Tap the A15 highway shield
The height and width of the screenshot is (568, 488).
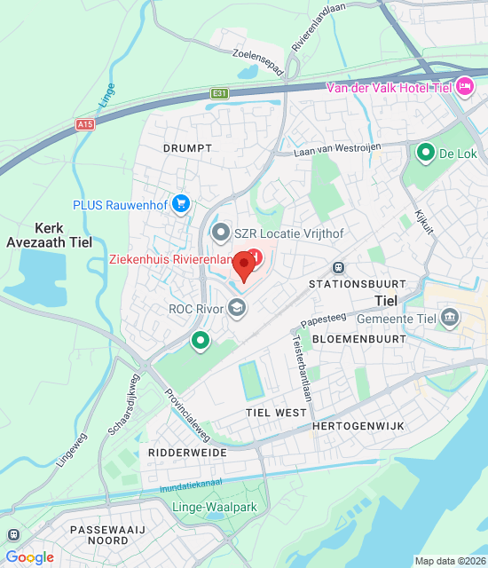85,124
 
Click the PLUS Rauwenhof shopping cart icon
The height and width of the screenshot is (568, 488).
182,204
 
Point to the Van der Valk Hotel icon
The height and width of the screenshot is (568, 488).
464,86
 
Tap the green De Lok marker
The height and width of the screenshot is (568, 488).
425,153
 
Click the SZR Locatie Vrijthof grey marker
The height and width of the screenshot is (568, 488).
221,233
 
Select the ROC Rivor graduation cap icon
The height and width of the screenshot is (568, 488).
236,308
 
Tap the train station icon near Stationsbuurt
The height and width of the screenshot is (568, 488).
337,267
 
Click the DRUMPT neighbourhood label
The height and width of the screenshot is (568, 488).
187,147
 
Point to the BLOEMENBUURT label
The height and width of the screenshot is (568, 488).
359,339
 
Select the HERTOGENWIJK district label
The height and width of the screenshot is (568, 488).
358,426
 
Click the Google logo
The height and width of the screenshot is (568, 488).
29,556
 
